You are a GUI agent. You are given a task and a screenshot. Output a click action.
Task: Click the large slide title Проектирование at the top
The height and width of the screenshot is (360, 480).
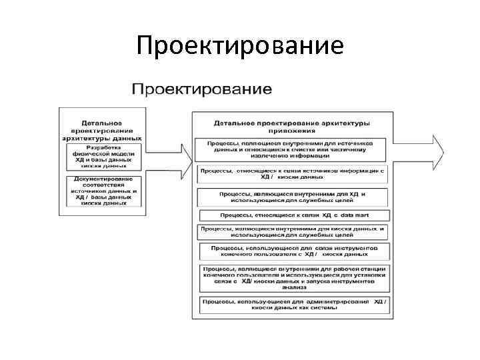[x=239, y=45]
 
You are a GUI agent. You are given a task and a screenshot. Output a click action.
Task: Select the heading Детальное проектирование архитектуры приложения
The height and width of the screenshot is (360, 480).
[x=293, y=127]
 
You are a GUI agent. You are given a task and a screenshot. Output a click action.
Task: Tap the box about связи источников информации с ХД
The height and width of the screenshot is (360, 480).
[x=293, y=174]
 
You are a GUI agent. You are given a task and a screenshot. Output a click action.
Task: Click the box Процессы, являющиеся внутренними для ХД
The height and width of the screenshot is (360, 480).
[x=293, y=197]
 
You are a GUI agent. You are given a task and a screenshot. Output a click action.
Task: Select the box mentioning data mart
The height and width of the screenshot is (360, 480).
[x=293, y=215]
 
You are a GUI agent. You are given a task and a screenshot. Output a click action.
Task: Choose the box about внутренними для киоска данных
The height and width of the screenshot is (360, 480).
[x=293, y=231]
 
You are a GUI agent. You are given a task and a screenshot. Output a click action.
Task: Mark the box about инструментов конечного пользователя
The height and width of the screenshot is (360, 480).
[x=293, y=251]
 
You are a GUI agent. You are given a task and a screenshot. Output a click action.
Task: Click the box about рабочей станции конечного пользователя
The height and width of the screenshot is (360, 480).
[x=293, y=277]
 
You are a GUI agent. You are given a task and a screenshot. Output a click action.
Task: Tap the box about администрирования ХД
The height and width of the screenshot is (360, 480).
[x=293, y=305]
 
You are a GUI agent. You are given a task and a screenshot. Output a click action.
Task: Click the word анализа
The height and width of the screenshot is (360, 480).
[x=293, y=288]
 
